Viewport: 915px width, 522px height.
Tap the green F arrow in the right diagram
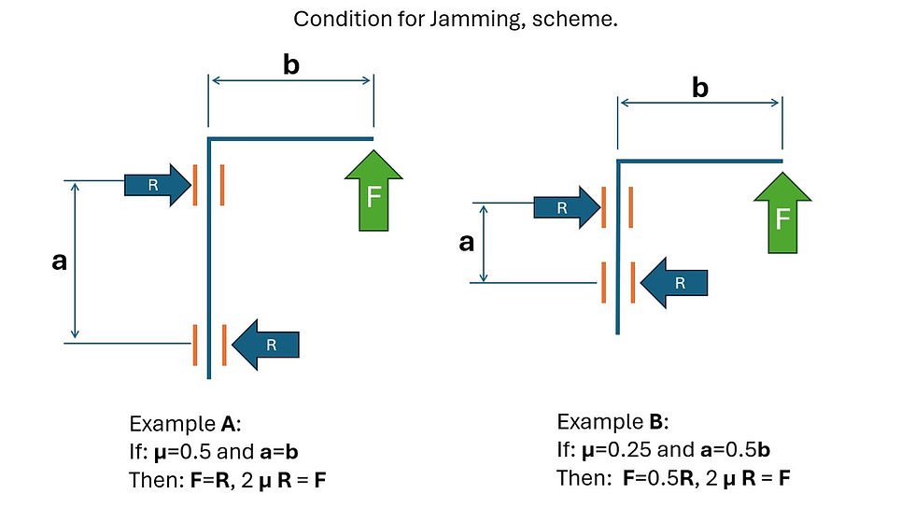[x=782, y=216]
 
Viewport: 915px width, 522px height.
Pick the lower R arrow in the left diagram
[x=266, y=344]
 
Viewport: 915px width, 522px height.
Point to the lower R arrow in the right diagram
[x=674, y=282]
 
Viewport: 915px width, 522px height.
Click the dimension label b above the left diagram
[x=290, y=65]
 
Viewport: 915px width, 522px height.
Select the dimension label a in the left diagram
[x=60, y=261]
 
